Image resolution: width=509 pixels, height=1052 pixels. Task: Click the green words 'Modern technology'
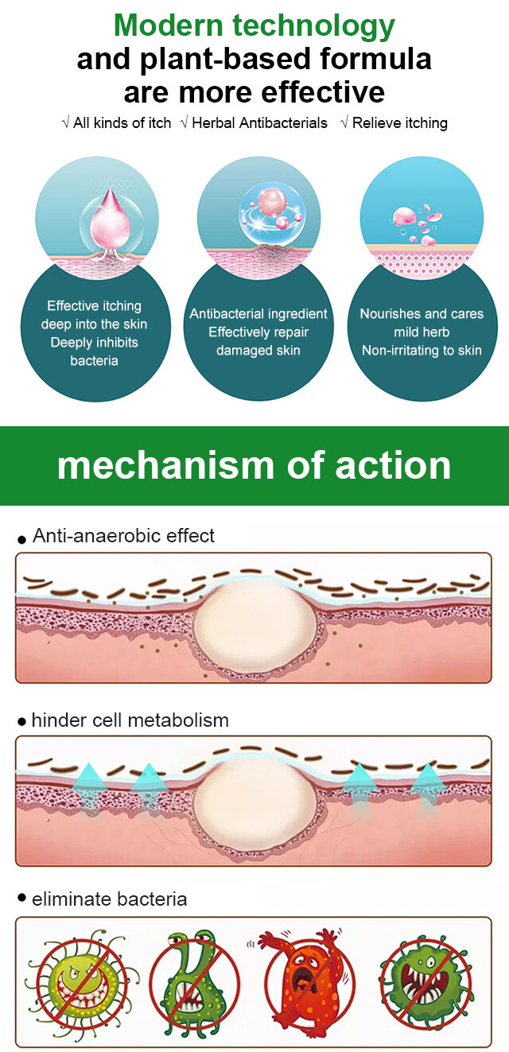[x=254, y=25]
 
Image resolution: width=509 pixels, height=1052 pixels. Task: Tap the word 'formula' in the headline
[x=375, y=59]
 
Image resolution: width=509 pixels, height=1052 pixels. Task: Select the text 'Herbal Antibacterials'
[x=259, y=123]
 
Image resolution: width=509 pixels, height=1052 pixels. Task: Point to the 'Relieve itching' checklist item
[x=399, y=123]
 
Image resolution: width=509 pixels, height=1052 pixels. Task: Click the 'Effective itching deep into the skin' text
[x=95, y=315]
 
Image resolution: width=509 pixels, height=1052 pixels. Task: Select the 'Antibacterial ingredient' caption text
[x=258, y=314]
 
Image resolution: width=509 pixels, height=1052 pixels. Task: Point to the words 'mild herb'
[x=422, y=332]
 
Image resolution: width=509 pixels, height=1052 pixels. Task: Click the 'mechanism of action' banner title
[x=254, y=465]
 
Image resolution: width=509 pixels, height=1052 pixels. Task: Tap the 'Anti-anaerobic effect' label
[x=123, y=535]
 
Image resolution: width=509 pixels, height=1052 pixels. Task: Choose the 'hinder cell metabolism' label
[x=130, y=720]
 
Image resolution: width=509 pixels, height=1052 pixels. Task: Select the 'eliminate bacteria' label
[x=110, y=899]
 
